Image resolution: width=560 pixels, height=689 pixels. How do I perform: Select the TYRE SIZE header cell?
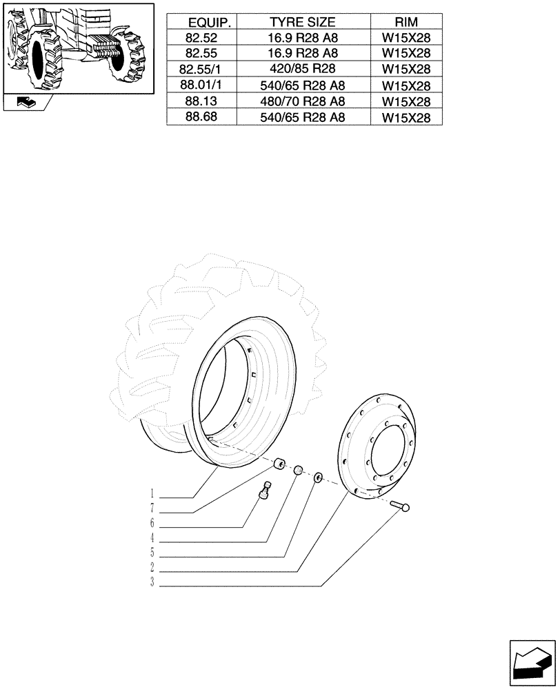pyautogui.click(x=303, y=23)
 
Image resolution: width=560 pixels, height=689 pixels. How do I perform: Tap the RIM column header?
pyautogui.click(x=406, y=23)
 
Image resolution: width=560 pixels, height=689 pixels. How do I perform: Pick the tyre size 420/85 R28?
pyautogui.click(x=303, y=70)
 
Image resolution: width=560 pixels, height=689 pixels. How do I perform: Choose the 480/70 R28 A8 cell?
pyautogui.click(x=303, y=101)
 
